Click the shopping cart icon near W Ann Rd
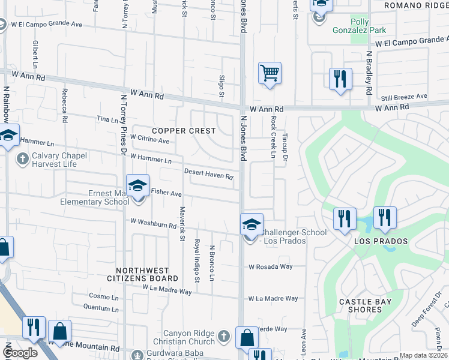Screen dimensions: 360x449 coord(270,73)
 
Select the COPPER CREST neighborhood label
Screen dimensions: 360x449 coord(183,130)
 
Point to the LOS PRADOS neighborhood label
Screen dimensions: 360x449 coord(381,241)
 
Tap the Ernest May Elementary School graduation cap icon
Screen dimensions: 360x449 coord(137,187)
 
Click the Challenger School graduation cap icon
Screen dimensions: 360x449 coord(252,226)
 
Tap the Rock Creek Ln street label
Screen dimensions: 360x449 coord(273,136)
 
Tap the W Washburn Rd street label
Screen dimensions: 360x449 coord(153,224)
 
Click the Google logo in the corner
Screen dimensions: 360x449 coord(20,353)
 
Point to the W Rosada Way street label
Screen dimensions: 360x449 coord(271,266)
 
